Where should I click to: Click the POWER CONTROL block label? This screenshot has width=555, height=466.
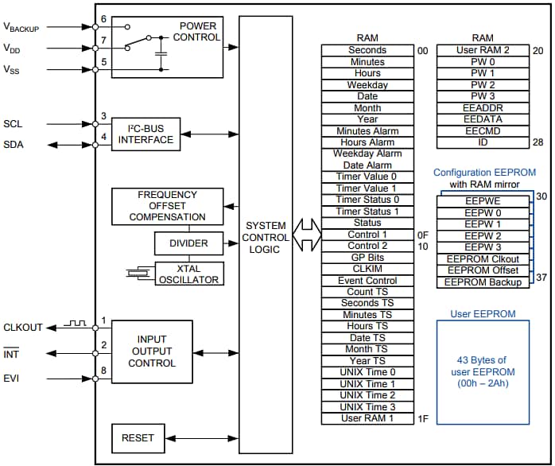click(x=196, y=31)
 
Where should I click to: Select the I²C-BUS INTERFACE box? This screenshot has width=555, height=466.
click(x=146, y=134)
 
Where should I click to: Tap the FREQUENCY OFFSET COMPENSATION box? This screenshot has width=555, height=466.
click(x=167, y=205)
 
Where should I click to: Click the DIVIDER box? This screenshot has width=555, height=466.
click(x=188, y=243)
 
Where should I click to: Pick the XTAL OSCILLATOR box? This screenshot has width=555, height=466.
click(x=188, y=273)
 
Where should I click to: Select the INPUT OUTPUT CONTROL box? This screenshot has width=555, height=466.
click(x=151, y=351)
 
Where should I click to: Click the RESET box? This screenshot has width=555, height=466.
click(x=138, y=437)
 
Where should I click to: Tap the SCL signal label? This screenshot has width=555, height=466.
click(x=14, y=124)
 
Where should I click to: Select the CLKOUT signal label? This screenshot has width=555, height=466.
click(x=23, y=327)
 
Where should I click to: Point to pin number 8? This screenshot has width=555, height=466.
click(x=103, y=371)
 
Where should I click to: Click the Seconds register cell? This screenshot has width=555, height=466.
click(x=367, y=50)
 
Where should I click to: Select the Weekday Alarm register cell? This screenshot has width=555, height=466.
click(x=367, y=153)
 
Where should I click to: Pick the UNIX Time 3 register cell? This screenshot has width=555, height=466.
click(x=367, y=406)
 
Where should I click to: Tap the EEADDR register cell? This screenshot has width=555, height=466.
click(x=483, y=107)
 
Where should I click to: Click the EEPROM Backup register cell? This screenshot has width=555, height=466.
click(x=483, y=282)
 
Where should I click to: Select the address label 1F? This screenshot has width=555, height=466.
click(x=423, y=418)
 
